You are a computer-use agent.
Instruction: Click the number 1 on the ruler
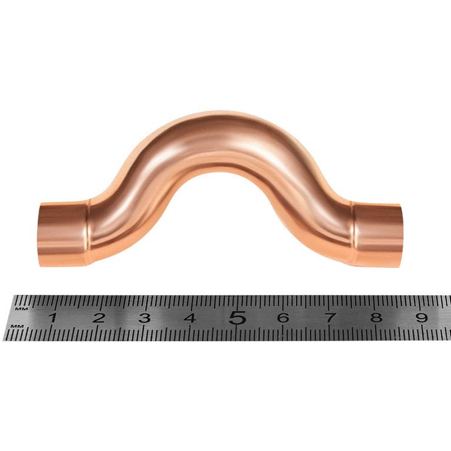pos(52,318)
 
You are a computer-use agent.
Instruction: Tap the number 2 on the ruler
pos(99,318)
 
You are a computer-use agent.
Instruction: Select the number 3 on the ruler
pos(144,318)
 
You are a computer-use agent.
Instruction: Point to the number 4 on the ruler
pos(190,318)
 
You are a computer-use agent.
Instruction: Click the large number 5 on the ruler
pos(238,318)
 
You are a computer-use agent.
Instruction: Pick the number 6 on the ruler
pos(283,318)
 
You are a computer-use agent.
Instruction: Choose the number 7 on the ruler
pos(330,318)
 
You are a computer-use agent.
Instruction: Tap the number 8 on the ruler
pos(376,318)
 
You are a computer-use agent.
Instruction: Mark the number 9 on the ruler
pos(422,318)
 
